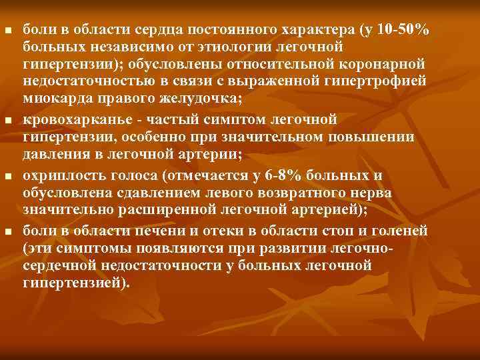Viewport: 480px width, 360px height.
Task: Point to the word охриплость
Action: click(57, 177)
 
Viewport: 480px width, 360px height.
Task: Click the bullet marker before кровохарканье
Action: click(8, 120)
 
